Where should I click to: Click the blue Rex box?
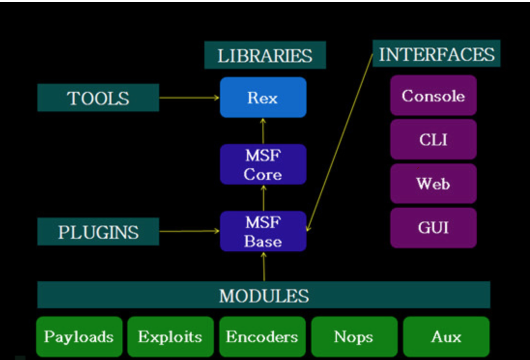coord(263,97)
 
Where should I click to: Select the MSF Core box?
coord(263,164)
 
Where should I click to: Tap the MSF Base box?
coord(263,231)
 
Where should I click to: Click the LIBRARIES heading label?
coord(265,55)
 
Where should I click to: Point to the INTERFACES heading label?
coord(436,54)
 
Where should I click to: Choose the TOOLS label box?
coord(98,98)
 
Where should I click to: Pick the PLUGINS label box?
coord(98,231)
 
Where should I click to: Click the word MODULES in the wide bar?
coord(264,295)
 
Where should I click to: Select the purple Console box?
coord(433,95)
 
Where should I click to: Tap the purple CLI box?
coord(433,139)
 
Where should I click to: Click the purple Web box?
coord(433,184)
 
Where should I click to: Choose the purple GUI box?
coord(433,228)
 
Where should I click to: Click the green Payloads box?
coord(79,337)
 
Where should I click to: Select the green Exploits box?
coord(170,337)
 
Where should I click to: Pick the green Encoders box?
coord(262,337)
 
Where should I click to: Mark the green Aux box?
coord(446,337)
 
